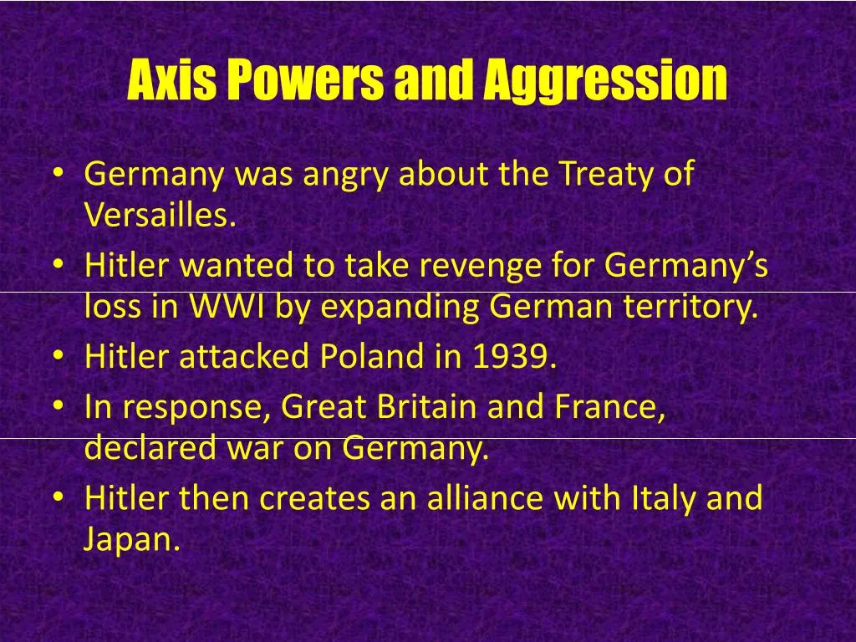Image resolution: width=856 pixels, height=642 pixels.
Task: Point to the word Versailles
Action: click(x=160, y=216)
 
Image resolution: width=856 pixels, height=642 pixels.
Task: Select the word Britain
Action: click(x=426, y=407)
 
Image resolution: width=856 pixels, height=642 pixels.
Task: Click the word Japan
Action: click(x=131, y=539)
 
